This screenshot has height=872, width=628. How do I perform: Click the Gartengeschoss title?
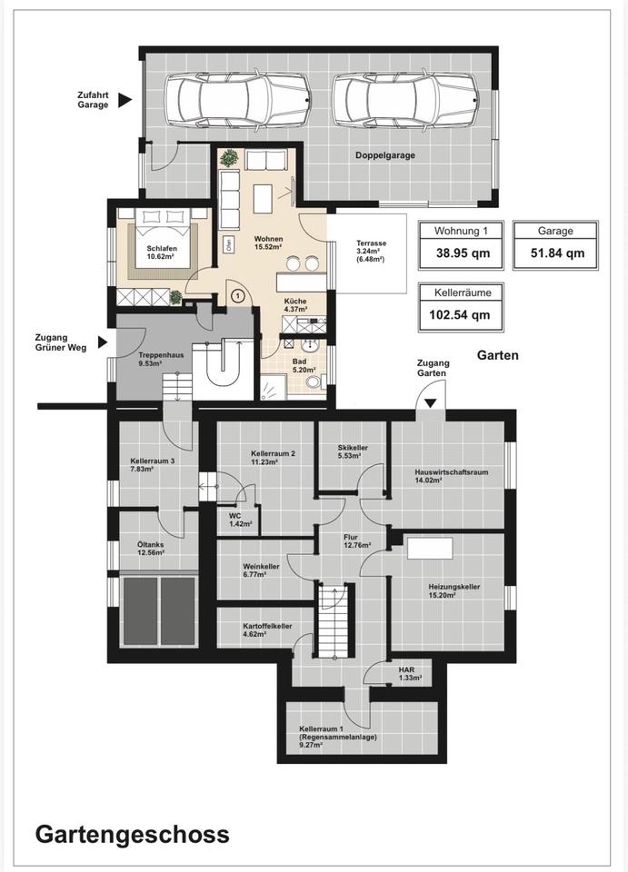tap(133, 835)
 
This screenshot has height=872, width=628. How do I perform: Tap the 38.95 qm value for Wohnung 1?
tap(463, 253)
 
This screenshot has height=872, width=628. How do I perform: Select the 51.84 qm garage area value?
tap(557, 253)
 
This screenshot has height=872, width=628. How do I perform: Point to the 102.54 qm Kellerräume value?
tap(460, 315)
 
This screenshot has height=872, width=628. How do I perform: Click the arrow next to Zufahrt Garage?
tap(125, 100)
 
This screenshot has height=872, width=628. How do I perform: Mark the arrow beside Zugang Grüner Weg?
tap(103, 342)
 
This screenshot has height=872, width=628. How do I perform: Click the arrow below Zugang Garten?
tap(431, 402)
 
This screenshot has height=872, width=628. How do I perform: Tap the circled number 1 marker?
tap(238, 296)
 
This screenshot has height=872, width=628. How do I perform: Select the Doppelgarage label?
tap(385, 155)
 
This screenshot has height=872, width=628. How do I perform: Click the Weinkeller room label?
tap(261, 567)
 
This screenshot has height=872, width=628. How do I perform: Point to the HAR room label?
tap(406, 670)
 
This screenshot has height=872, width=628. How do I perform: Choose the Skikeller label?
tap(353, 448)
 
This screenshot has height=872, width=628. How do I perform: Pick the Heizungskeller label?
tap(454, 587)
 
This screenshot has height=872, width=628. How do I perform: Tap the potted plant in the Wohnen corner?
tap(229, 158)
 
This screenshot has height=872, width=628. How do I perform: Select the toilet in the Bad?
tap(314, 381)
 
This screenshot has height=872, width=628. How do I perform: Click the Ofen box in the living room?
tap(227, 244)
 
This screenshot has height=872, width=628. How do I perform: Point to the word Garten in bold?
tap(498, 355)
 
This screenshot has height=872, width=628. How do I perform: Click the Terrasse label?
tap(371, 243)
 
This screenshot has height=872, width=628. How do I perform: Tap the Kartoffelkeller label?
tap(267, 626)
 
